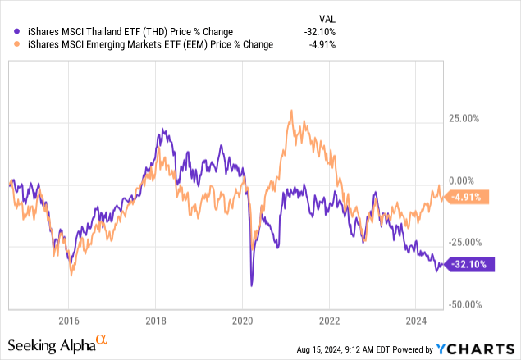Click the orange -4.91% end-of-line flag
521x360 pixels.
click(468, 197)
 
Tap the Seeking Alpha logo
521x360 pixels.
click(62, 344)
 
